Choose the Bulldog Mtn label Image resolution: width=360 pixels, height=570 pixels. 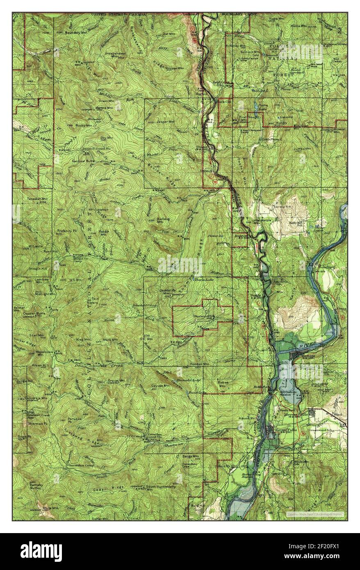coord(163,221)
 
